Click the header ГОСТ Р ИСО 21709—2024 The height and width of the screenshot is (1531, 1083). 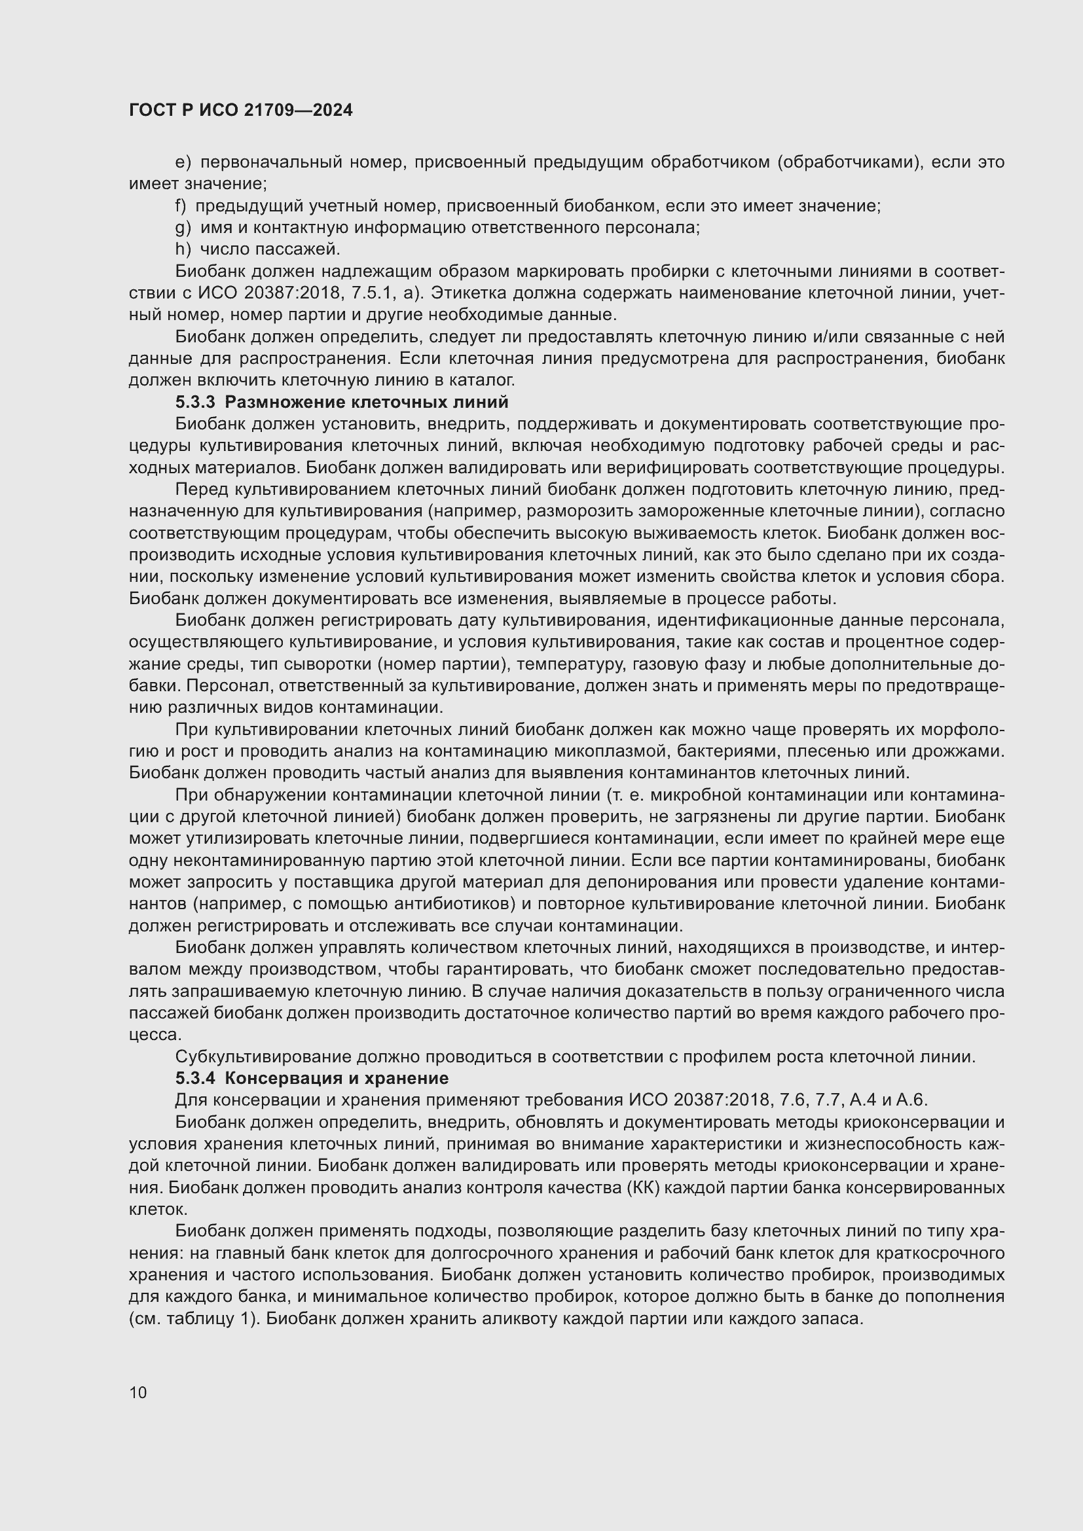click(x=241, y=111)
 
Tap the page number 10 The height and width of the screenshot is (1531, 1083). click(x=138, y=1392)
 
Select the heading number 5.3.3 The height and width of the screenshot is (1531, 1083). click(x=195, y=402)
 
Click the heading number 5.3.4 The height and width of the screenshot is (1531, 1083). click(x=195, y=1078)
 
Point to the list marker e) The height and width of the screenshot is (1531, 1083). click(x=183, y=162)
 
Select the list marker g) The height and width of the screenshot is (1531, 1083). click(x=183, y=227)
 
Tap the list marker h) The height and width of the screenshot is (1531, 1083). click(x=183, y=249)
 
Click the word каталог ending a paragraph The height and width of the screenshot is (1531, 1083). click(x=485, y=380)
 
